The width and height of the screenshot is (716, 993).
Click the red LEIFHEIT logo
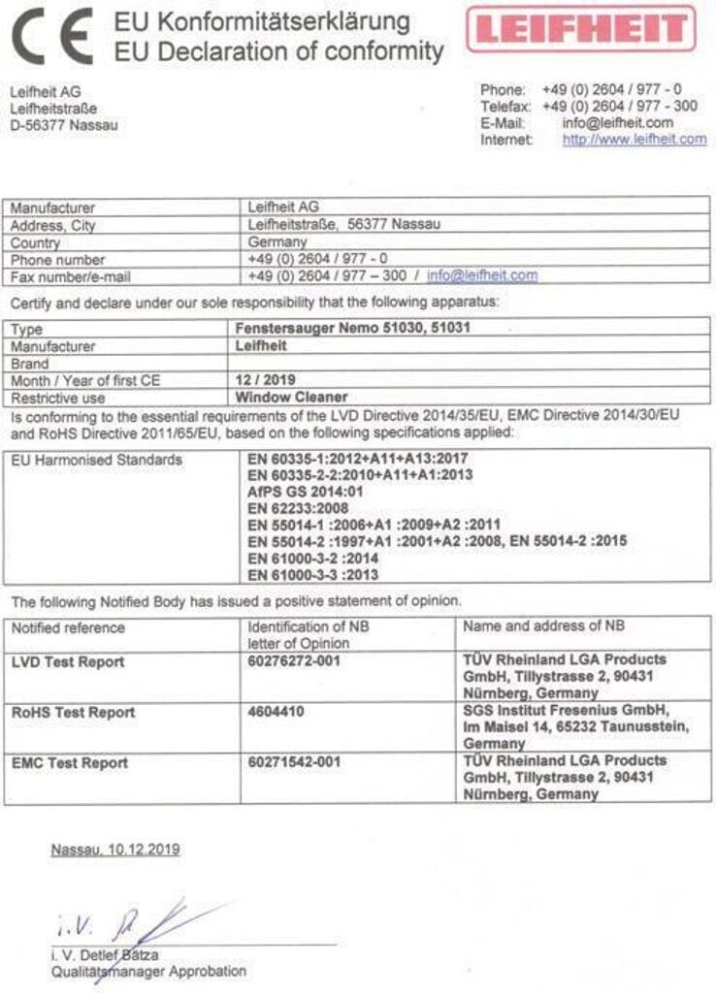(581, 29)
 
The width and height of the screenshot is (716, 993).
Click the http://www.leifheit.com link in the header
(635, 140)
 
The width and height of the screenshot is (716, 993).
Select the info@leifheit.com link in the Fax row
(482, 275)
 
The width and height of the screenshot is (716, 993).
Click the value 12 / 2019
(266, 380)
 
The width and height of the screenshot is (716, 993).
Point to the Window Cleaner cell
(291, 397)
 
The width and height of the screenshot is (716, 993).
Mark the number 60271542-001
(294, 762)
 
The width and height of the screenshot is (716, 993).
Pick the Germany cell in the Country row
(278, 242)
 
